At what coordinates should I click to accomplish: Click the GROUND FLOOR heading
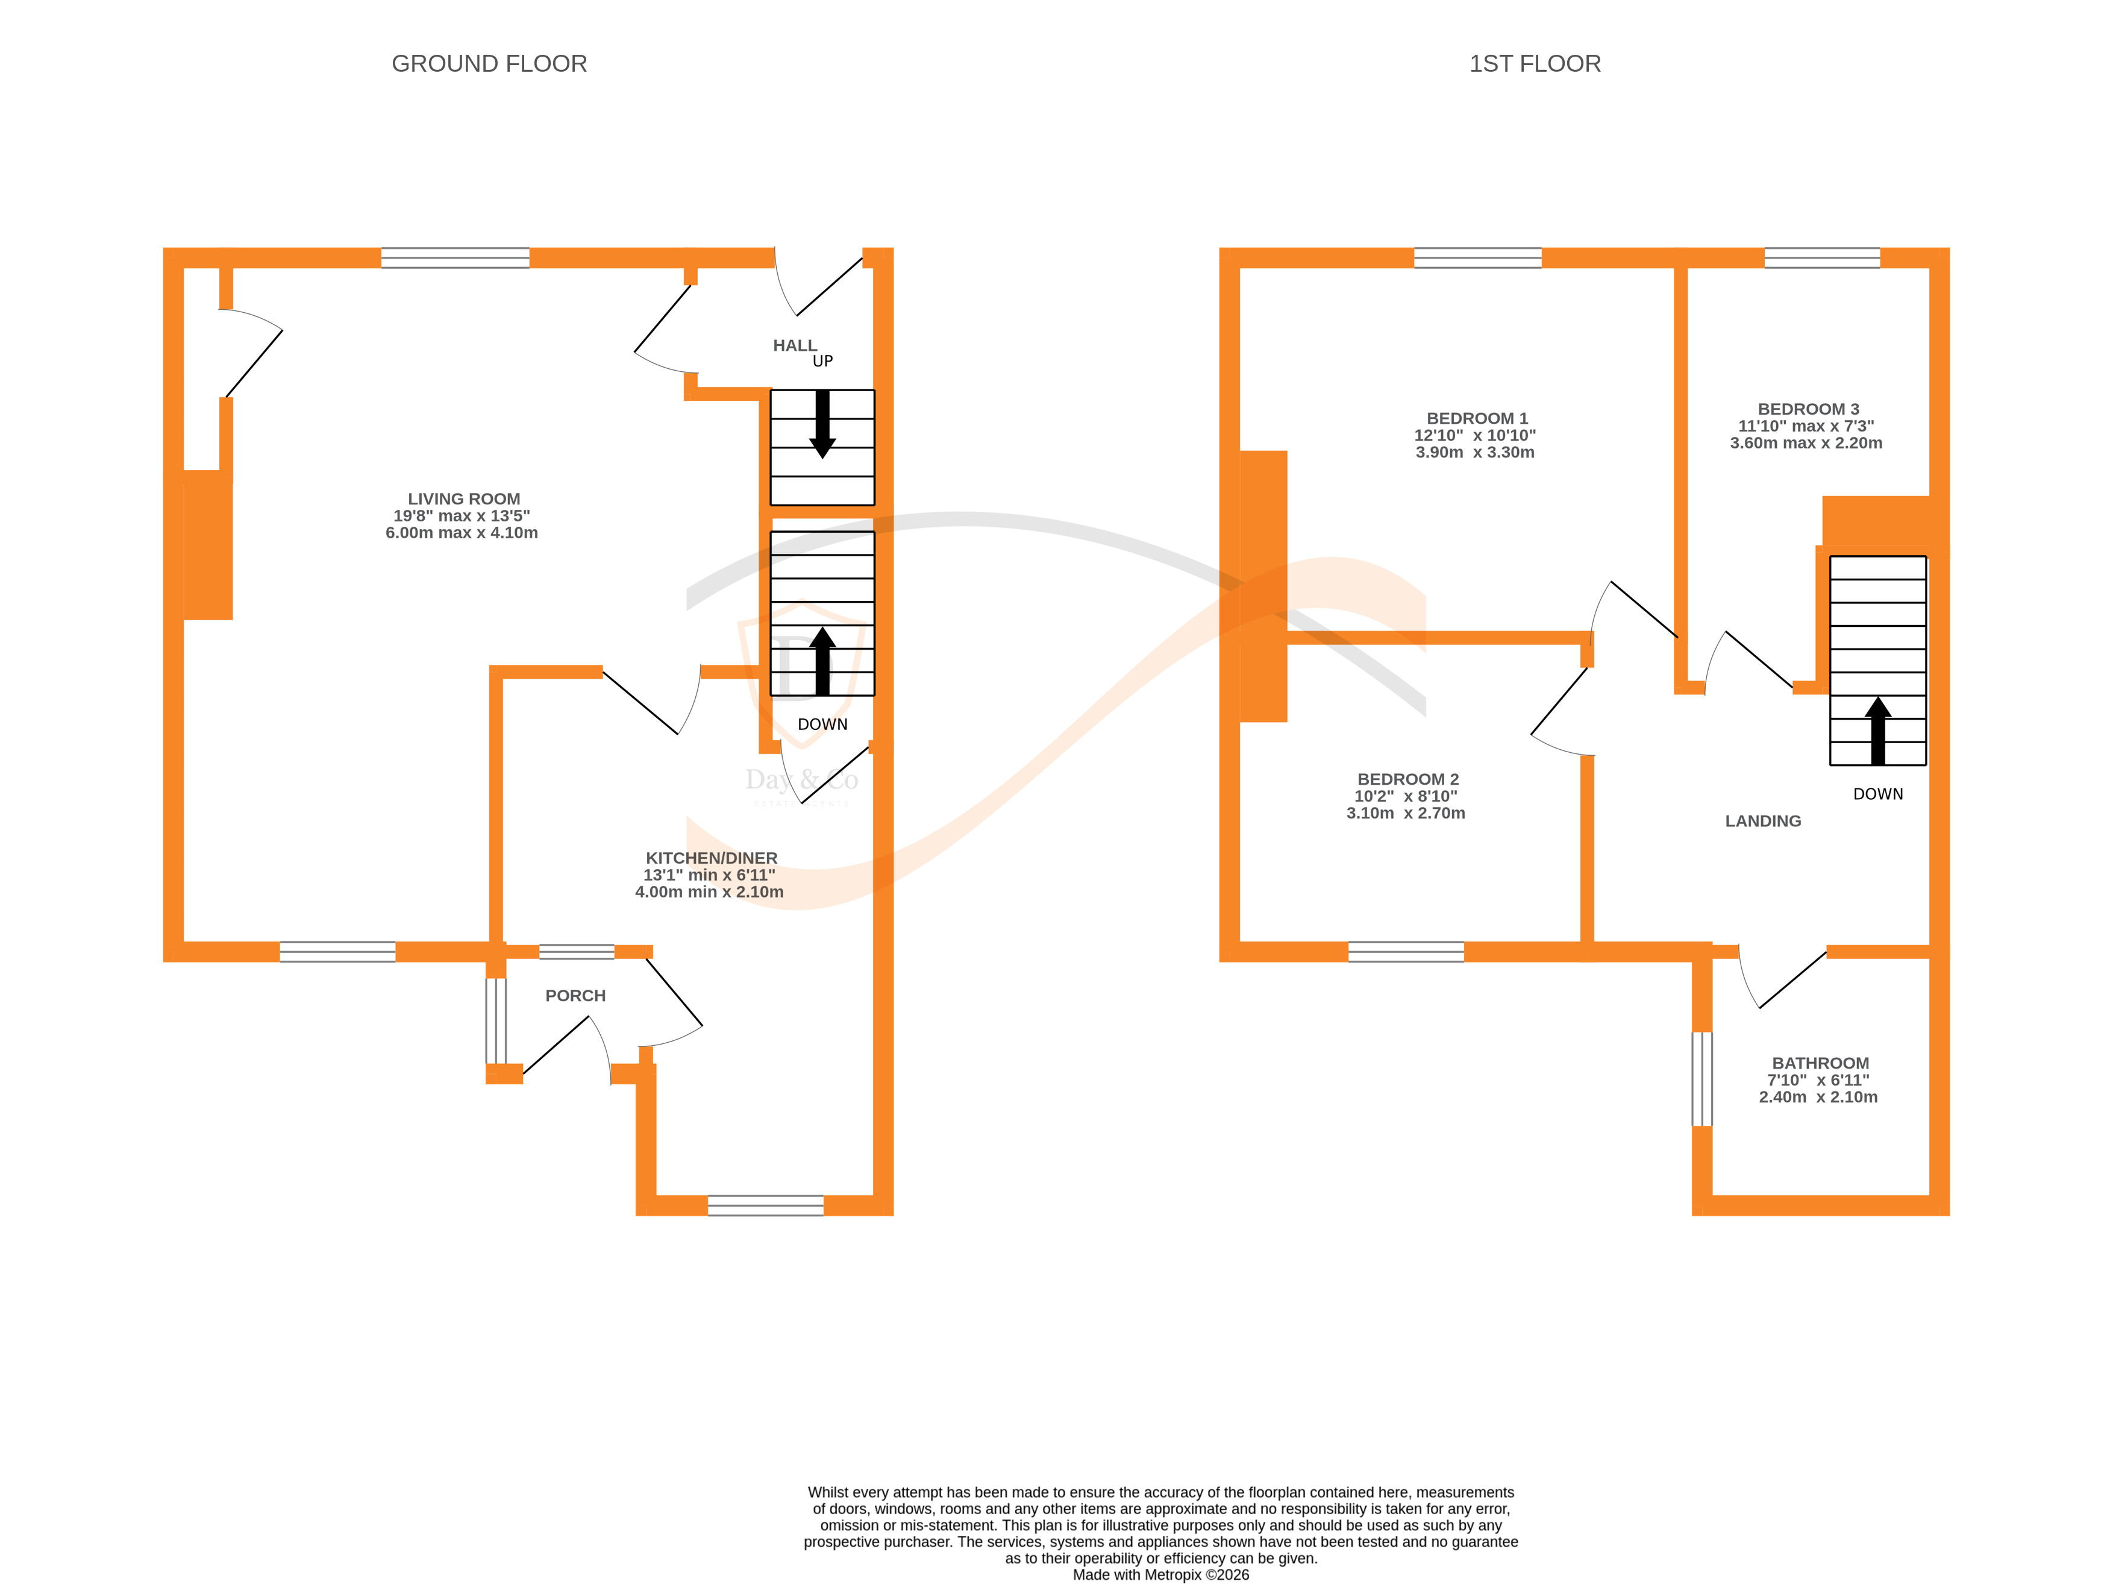point(489,64)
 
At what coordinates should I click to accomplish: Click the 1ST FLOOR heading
point(1534,64)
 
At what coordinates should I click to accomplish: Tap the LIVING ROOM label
point(463,498)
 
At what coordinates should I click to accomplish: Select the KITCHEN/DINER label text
point(711,858)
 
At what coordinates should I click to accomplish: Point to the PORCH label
point(575,996)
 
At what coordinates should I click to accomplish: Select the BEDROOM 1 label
point(1477,418)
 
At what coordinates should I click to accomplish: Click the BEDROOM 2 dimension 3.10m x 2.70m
point(1405,813)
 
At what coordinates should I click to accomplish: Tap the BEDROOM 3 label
point(1808,409)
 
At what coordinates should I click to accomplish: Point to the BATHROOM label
point(1820,1063)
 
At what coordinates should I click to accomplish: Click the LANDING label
point(1762,821)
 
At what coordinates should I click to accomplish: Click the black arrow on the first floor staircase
point(1877,731)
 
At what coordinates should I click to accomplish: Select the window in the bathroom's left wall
point(1701,1079)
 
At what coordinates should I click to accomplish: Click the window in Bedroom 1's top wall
point(1477,258)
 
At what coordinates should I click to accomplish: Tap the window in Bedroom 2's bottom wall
point(1405,952)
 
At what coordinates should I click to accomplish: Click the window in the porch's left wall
point(496,1020)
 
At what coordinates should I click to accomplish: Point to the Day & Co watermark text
point(801,781)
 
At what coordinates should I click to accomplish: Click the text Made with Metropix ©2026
point(1160,1574)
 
